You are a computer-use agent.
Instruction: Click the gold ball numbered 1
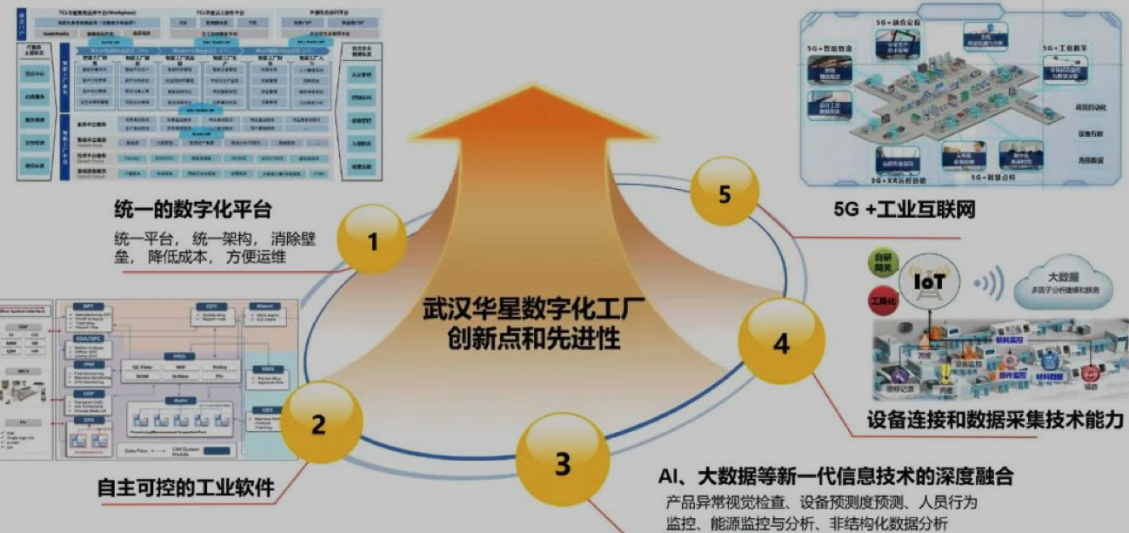[373, 240]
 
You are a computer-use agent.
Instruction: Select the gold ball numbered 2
[318, 425]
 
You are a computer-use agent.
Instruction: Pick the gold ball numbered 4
[780, 343]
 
